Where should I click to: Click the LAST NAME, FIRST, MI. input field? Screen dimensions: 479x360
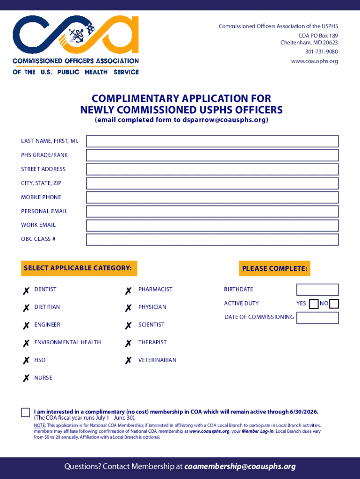pos(212,141)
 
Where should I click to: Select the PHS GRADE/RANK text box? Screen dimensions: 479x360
pos(212,155)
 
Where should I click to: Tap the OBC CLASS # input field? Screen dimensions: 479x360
pos(212,239)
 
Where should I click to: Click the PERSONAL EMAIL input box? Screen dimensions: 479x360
pos(212,211)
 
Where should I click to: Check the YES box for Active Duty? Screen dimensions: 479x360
pos(314,304)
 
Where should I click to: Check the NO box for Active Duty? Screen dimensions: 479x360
pos(334,304)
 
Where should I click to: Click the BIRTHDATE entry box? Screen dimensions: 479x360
pos(317,290)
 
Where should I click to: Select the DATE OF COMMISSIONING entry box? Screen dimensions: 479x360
pos(317,318)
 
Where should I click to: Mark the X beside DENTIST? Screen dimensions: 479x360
pos(26,290)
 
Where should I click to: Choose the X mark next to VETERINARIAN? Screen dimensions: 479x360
pos(128,361)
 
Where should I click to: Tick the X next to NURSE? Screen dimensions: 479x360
pos(26,378)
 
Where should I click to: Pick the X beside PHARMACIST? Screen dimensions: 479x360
pos(128,290)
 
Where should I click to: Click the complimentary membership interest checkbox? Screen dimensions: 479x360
pos(25,412)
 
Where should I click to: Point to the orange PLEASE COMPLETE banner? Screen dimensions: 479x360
pos(274,269)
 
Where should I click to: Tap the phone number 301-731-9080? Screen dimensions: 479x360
pos(322,51)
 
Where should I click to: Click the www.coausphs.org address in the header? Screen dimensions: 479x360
pos(314,61)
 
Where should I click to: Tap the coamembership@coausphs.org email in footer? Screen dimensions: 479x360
pos(240,466)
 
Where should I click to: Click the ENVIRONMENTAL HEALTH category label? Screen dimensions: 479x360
pos(67,342)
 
